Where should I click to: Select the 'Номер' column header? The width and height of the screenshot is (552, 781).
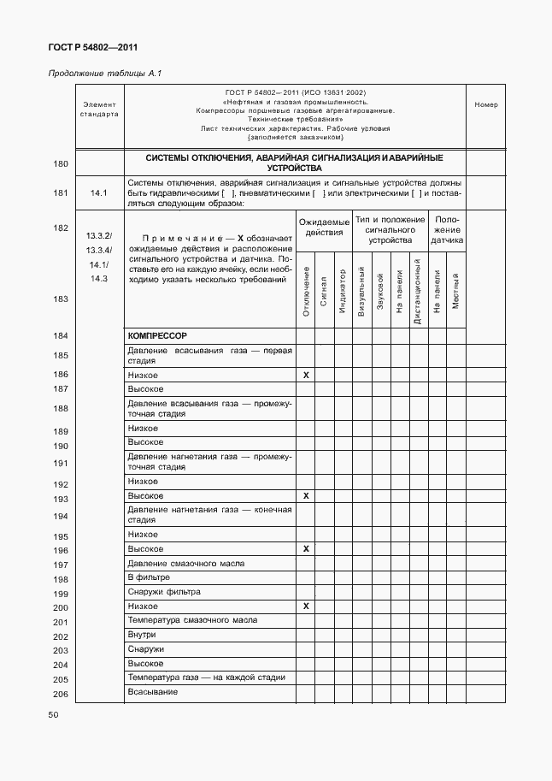(485, 105)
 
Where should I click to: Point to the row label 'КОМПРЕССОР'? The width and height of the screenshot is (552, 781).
(157, 336)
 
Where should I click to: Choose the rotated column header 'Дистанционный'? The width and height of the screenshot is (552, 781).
(417, 292)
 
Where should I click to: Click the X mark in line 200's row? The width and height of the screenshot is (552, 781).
(306, 606)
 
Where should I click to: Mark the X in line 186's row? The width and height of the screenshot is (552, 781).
(306, 376)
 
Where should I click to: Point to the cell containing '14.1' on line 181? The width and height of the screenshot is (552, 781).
(98, 193)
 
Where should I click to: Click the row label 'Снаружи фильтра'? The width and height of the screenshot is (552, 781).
(163, 591)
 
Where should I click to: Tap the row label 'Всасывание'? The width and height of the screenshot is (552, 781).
(152, 691)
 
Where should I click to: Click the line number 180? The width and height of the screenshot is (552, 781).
(61, 163)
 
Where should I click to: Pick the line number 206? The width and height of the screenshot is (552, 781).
(61, 694)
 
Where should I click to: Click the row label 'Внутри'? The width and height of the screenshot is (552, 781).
(142, 634)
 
